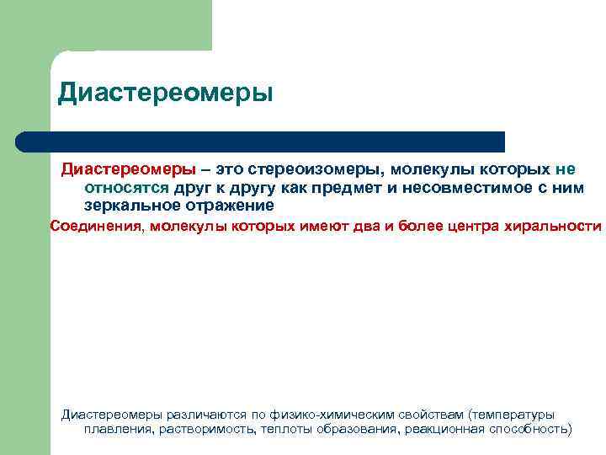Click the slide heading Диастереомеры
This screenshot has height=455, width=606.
tap(166, 93)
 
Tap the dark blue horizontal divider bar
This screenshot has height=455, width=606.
tap(261, 141)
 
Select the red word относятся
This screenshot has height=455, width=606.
tap(126, 187)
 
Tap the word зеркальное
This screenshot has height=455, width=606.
tap(127, 205)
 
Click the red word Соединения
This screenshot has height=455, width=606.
tap(98, 226)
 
